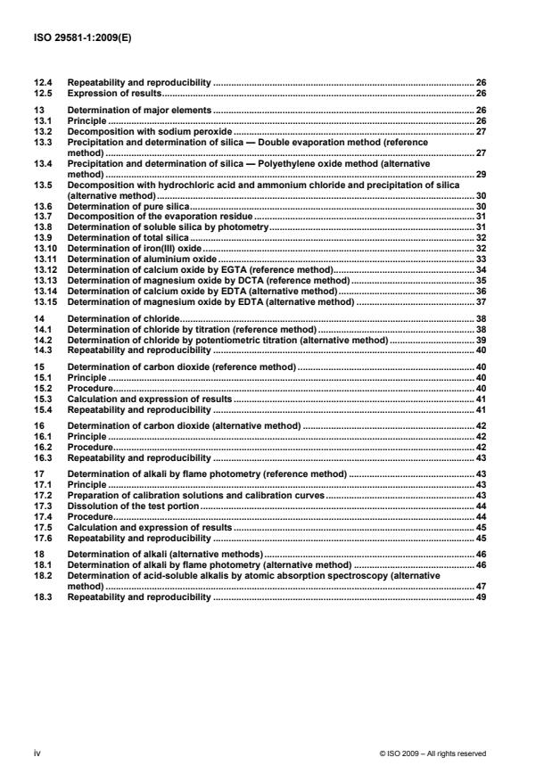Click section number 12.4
tap(42, 83)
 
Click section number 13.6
tap(42, 205)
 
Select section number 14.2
tap(42, 340)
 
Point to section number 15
tap(37, 366)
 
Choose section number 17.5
tap(42, 528)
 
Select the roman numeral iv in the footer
tap(37, 753)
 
